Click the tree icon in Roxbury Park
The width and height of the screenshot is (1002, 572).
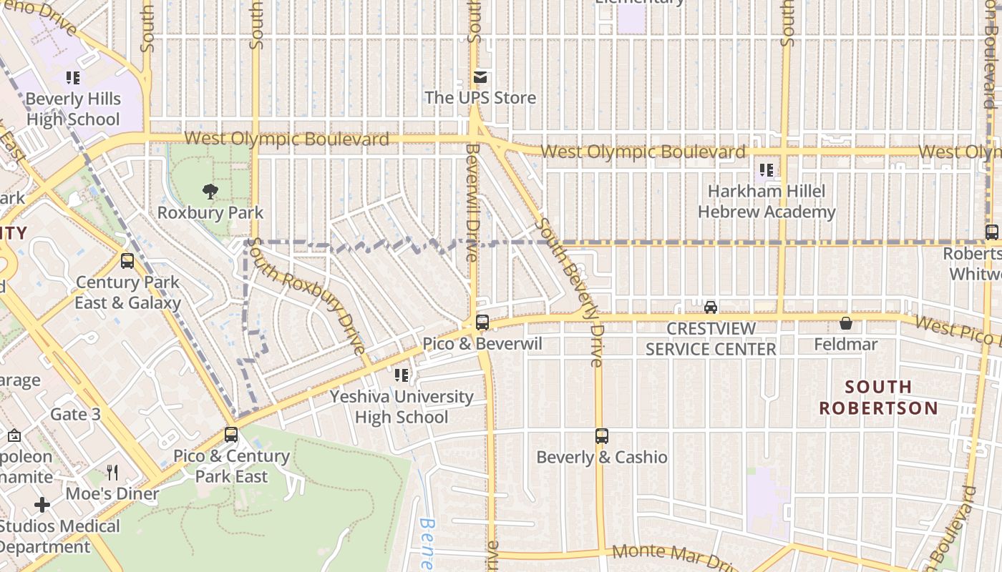(210, 191)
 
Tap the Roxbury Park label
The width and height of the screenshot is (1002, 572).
(210, 213)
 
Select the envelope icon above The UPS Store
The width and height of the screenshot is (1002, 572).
(480, 77)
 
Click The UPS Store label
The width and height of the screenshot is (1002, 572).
(480, 98)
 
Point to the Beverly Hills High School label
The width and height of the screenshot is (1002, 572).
(73, 109)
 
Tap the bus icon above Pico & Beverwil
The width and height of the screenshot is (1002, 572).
(482, 322)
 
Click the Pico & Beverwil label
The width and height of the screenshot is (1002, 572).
(482, 344)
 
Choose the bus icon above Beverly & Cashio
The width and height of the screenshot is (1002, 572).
(602, 435)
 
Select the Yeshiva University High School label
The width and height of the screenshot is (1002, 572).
(402, 407)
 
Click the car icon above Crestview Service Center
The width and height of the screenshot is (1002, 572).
(711, 307)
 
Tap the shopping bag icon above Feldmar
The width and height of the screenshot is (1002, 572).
(846, 323)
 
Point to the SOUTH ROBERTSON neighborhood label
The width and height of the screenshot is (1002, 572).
(878, 398)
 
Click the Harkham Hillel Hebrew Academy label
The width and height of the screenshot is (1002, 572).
(767, 202)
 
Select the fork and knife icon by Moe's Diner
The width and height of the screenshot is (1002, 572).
(112, 472)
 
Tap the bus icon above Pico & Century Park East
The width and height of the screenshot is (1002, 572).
(230, 434)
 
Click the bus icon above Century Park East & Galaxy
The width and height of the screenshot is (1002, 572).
(127, 261)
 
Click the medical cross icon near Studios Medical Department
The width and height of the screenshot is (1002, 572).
(42, 505)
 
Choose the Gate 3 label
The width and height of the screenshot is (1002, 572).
(75, 414)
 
